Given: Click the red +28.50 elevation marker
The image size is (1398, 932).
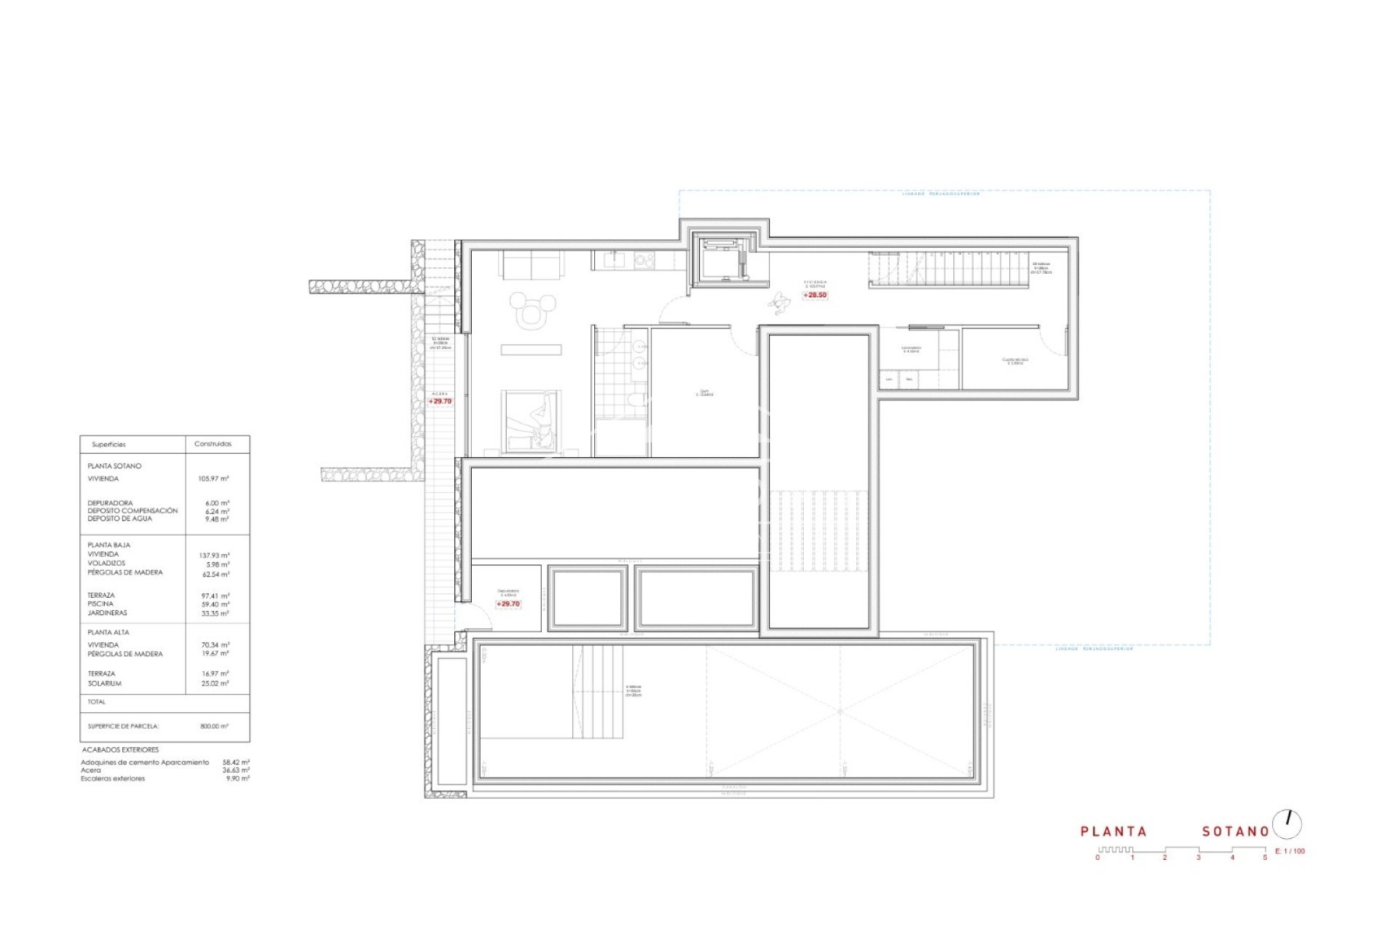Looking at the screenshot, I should click(815, 296).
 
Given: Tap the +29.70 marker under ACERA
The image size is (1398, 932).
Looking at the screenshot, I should click(440, 401).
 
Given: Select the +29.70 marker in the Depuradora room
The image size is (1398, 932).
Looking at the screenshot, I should click(508, 604).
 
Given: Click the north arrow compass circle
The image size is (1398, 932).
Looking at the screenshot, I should click(1287, 824).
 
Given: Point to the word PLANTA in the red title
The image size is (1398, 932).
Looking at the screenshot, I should click(1113, 832).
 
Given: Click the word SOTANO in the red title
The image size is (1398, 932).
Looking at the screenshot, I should click(1236, 832).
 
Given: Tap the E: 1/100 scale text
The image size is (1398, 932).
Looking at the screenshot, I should click(1290, 851).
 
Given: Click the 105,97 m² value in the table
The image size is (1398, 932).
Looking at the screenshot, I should click(213, 479).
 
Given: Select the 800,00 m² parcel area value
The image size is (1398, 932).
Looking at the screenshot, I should click(214, 727).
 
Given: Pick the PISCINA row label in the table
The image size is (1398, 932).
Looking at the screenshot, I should click(100, 604).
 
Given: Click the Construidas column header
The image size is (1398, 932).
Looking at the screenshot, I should click(213, 444).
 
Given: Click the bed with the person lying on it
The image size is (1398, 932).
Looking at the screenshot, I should click(531, 422).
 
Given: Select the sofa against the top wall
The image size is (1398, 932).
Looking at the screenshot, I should click(531, 264).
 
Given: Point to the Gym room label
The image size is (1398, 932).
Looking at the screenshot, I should click(704, 393).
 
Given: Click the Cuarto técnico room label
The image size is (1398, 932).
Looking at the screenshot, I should click(1014, 360).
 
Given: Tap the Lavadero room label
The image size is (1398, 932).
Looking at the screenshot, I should click(911, 349).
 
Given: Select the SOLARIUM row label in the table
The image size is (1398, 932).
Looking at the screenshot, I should click(104, 684).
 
